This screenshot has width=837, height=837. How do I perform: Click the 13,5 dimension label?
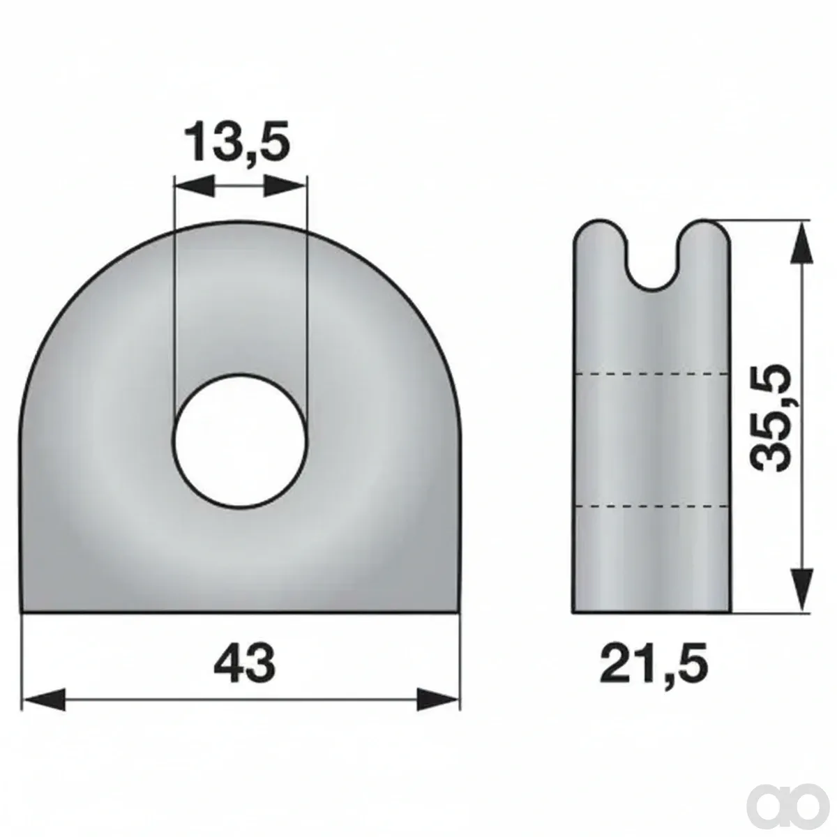coord(236,142)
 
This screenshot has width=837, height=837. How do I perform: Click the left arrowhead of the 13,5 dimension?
coord(194,186)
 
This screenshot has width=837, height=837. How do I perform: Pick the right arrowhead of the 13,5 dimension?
coord(285,186)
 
